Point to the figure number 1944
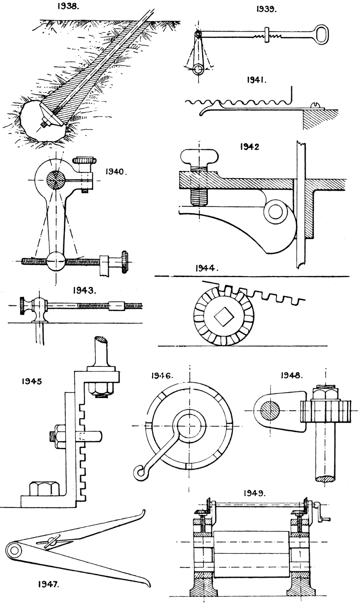206,269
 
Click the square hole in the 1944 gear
223,316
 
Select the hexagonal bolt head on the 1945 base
42,490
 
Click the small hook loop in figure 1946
140,473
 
